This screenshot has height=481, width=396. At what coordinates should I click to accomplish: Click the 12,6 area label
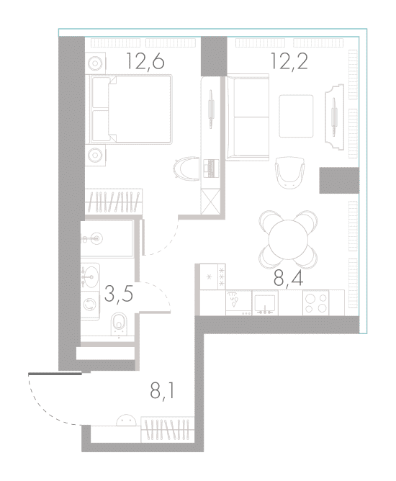(x=145, y=61)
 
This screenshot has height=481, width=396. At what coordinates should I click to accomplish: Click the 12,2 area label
(x=289, y=61)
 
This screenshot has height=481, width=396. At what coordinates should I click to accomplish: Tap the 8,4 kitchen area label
(x=288, y=279)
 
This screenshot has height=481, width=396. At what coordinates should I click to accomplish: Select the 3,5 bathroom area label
(x=119, y=294)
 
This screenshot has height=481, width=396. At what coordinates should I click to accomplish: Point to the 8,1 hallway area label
(x=162, y=391)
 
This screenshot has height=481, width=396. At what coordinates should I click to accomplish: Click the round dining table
(x=288, y=239)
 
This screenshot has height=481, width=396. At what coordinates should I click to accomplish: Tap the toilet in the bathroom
(x=119, y=324)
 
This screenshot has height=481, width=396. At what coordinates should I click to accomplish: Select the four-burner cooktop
(x=315, y=303)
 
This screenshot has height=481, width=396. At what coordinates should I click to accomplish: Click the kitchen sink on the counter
(x=265, y=303)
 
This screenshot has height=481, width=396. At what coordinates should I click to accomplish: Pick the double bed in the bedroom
(x=130, y=109)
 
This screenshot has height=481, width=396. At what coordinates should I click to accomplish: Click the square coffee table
(x=296, y=116)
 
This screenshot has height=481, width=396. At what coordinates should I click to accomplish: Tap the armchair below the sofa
(x=289, y=172)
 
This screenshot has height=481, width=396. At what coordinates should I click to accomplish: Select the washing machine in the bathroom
(x=89, y=305)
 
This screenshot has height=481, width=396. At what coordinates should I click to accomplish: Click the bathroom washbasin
(x=90, y=276)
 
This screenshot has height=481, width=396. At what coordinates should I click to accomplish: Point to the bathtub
(x=107, y=238)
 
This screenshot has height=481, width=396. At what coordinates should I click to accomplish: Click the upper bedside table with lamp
(x=95, y=63)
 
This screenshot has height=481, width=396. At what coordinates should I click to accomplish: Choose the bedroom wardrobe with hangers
(x=114, y=202)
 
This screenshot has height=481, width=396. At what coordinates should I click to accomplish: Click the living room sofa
(x=248, y=117)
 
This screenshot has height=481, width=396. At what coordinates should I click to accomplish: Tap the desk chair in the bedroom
(x=186, y=168)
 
